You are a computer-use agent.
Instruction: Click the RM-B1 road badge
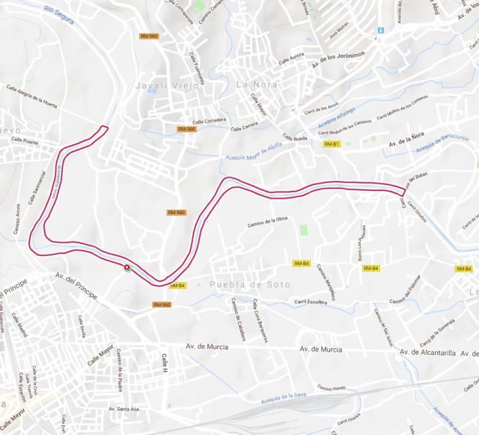tap(332, 144)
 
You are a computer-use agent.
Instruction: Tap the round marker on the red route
tap(126, 267)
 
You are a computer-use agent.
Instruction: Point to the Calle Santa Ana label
tap(123, 409)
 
